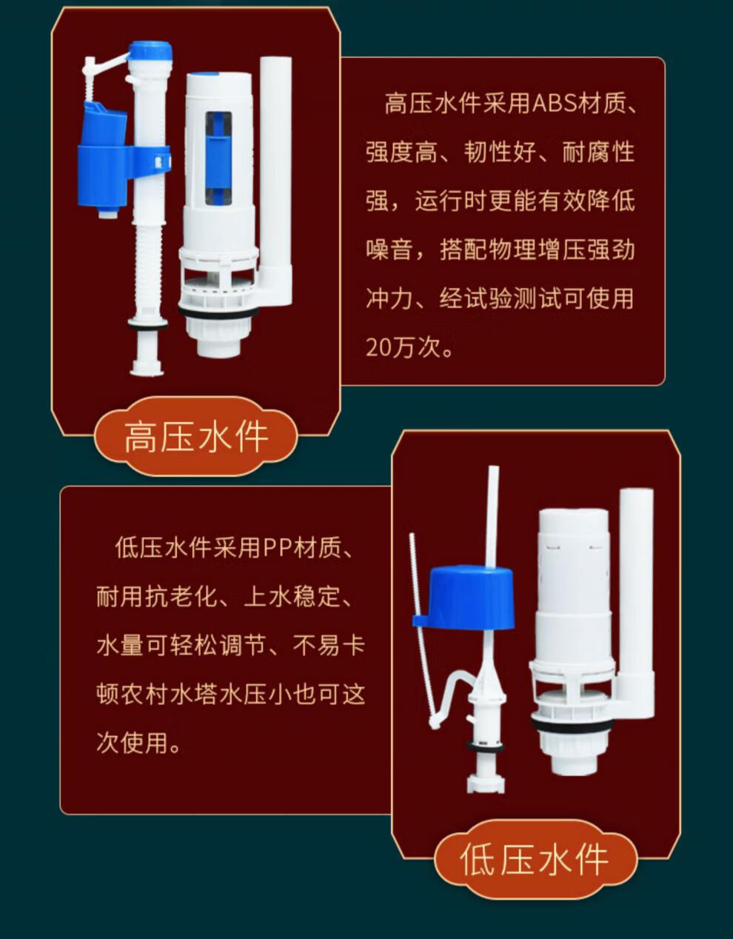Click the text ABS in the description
tap(555, 104)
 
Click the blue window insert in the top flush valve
tap(218, 157)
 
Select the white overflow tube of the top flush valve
tap(275, 170)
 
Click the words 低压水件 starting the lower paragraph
tap(163, 549)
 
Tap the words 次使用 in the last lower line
tap(132, 742)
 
